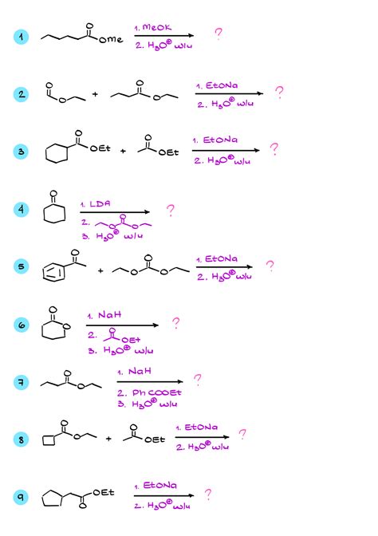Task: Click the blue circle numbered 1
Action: click(x=22, y=37)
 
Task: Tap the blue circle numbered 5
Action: click(x=22, y=266)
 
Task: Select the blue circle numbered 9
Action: click(x=22, y=497)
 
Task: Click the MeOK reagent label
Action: click(x=156, y=27)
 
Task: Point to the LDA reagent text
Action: click(x=100, y=203)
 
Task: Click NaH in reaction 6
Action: click(x=109, y=315)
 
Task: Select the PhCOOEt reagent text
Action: click(x=156, y=392)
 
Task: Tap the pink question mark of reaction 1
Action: click(x=219, y=33)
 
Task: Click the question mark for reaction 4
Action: click(x=170, y=211)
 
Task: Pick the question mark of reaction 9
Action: click(x=208, y=495)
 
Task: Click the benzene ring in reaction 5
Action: click(x=53, y=273)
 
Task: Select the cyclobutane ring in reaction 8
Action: click(x=49, y=441)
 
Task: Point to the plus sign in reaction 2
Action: click(x=95, y=94)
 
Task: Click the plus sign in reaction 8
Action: click(x=108, y=439)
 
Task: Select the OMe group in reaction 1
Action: click(x=111, y=40)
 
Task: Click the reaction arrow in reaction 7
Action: click(x=150, y=381)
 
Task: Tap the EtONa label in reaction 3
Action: click(x=220, y=140)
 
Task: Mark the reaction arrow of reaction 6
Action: click(x=122, y=325)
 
